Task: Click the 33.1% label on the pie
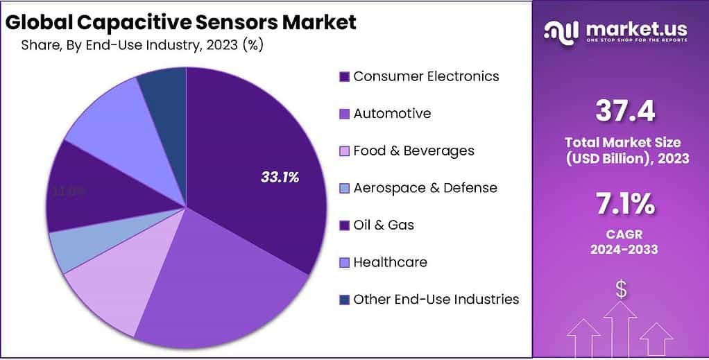(x=280, y=178)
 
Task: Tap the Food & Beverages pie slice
(x=104, y=295)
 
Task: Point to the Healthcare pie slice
(x=104, y=114)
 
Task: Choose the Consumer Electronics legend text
(x=426, y=76)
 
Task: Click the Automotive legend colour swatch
(x=344, y=114)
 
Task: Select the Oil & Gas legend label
(x=384, y=225)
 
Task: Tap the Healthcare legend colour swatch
(x=344, y=263)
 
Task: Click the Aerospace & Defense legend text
(x=425, y=188)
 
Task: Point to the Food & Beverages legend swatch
(x=344, y=151)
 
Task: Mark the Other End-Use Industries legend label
(x=436, y=300)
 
